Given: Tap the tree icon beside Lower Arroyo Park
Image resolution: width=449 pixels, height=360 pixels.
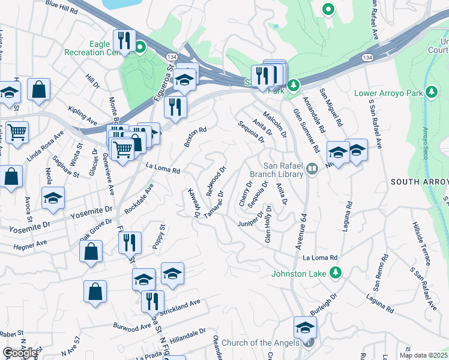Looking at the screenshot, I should click(x=430, y=92).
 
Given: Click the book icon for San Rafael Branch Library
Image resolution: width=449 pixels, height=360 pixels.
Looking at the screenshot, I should click(x=312, y=169).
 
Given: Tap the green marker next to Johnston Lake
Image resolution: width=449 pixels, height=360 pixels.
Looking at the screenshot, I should click(x=336, y=274).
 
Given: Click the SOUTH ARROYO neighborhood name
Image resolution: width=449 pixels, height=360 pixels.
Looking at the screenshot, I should click(x=419, y=182).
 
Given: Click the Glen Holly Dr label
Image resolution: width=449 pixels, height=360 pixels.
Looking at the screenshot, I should click(x=268, y=224).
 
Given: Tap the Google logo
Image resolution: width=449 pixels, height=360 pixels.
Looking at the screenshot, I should click(x=20, y=353).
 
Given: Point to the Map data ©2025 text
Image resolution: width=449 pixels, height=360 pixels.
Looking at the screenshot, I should click(x=424, y=355).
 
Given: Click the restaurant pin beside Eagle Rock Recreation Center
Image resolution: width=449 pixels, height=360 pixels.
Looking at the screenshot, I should click(x=124, y=41).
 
